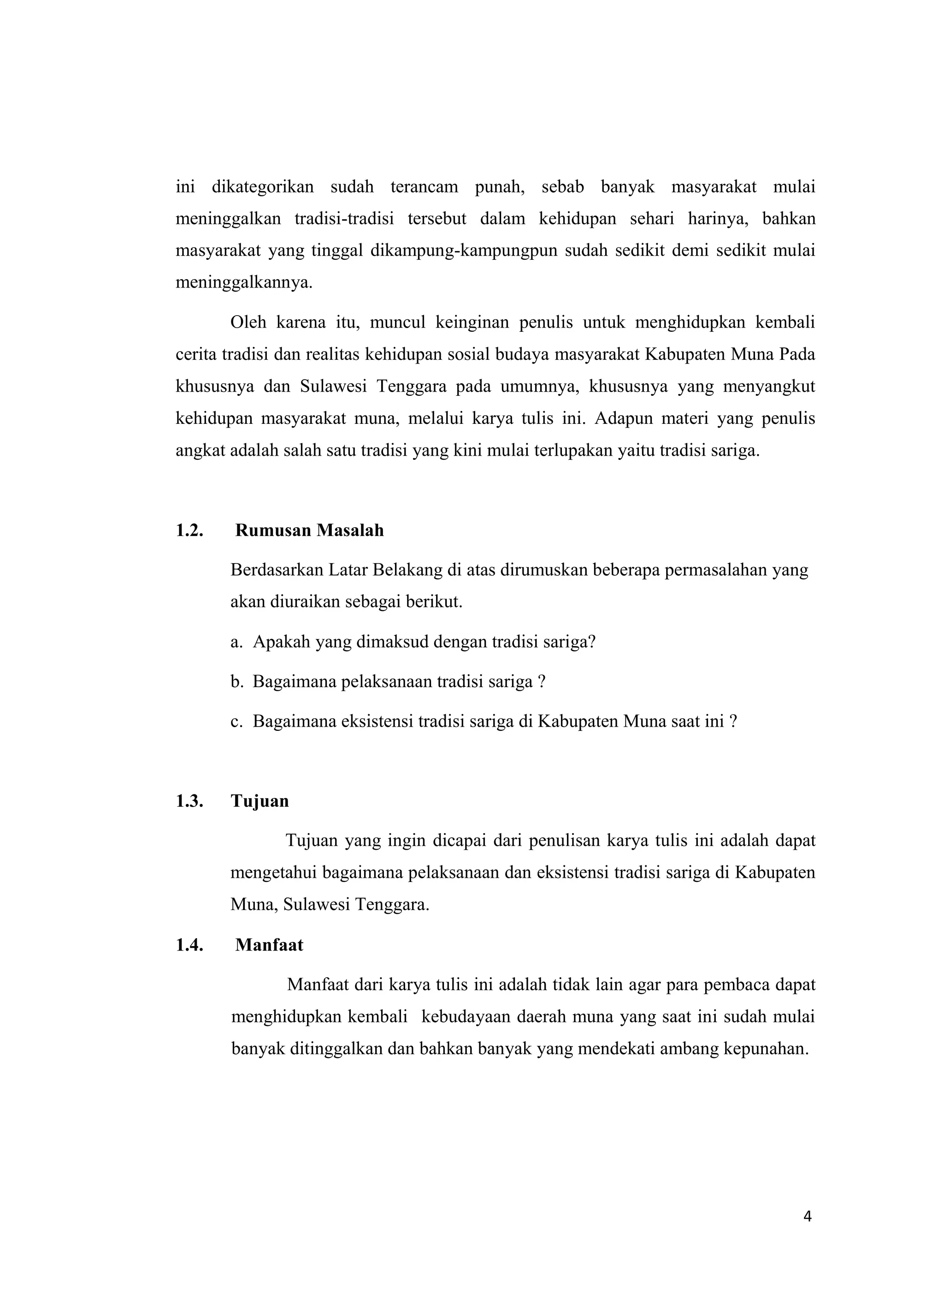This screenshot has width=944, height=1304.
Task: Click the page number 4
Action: click(x=807, y=1216)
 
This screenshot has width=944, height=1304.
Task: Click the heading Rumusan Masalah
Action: click(x=309, y=530)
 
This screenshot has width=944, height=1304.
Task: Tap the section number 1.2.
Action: click(x=189, y=530)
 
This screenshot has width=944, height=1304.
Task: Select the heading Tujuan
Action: click(x=260, y=801)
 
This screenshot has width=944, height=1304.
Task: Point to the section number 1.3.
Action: click(x=189, y=801)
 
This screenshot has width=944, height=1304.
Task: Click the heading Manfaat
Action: click(x=269, y=945)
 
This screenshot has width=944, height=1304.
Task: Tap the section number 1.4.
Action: click(x=189, y=945)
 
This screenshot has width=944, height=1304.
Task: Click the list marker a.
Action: click(x=236, y=642)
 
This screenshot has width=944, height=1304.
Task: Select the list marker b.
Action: click(x=236, y=682)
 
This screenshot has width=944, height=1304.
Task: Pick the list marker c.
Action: click(x=236, y=722)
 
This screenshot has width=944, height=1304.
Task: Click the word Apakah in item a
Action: click(x=281, y=642)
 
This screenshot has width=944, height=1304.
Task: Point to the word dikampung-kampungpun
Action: click(x=464, y=251)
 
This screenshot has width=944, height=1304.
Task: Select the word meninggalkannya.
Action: click(x=244, y=283)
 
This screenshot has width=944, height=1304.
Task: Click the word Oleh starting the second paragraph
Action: click(x=248, y=323)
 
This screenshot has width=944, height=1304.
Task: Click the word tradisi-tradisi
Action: click(x=344, y=219)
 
